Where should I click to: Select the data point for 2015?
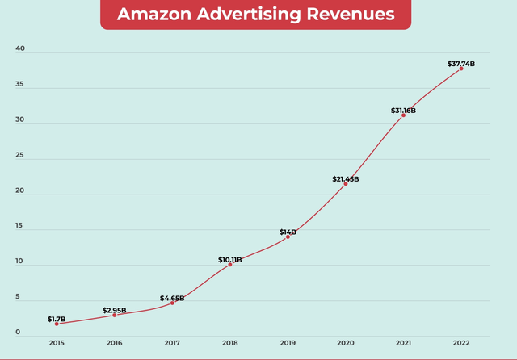click(x=57, y=324)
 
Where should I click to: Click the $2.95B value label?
click(x=115, y=310)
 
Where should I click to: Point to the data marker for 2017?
click(x=172, y=303)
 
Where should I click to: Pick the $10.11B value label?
click(x=230, y=260)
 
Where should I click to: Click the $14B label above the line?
click(x=288, y=232)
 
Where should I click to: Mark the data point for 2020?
click(x=346, y=184)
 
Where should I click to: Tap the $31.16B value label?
click(x=402, y=110)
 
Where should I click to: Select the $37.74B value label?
click(x=461, y=64)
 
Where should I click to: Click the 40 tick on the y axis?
click(x=20, y=48)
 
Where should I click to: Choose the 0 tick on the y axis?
click(x=17, y=332)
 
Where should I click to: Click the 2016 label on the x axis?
click(x=114, y=343)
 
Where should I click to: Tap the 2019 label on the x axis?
click(x=288, y=343)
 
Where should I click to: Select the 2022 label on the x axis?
click(x=461, y=343)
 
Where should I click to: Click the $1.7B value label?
click(x=57, y=319)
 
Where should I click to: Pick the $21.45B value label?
click(x=346, y=179)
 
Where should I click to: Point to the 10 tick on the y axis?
click(x=20, y=262)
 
